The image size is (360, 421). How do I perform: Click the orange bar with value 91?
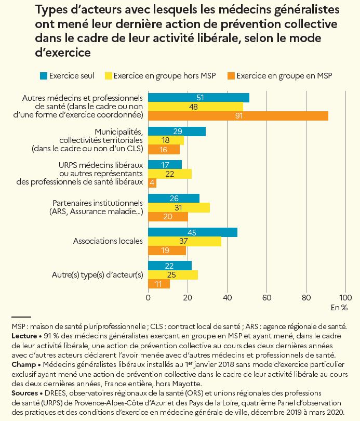pyautogui.click(x=238, y=116)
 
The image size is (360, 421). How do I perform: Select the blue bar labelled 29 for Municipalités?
pyautogui.click(x=177, y=131)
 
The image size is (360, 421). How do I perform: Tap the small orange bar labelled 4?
pyautogui.click(x=152, y=183)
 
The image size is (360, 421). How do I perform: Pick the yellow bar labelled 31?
pyautogui.click(x=179, y=207)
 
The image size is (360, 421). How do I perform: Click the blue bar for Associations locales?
pyautogui.click(x=192, y=232)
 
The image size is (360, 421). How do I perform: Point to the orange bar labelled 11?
pyautogui.click(x=159, y=284)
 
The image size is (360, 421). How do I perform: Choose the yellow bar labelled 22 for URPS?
pyautogui.click(x=170, y=174)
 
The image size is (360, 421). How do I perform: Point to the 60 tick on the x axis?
pyautogui.click(x=266, y=298)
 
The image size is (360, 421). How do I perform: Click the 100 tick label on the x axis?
pyautogui.click(x=345, y=298)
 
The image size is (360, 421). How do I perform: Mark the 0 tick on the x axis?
pyautogui.click(x=149, y=298)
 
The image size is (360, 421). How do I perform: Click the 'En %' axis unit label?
pyautogui.click(x=339, y=308)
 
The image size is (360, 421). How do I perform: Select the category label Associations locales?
pyautogui.click(x=108, y=241)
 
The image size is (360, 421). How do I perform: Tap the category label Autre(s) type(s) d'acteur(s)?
pyautogui.click(x=98, y=274)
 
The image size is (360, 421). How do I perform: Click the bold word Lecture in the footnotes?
pyautogui.click(x=24, y=336)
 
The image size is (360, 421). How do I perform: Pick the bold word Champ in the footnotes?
pyautogui.click(x=23, y=364)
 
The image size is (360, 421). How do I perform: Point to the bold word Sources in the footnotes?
pyautogui.click(x=24, y=393)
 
